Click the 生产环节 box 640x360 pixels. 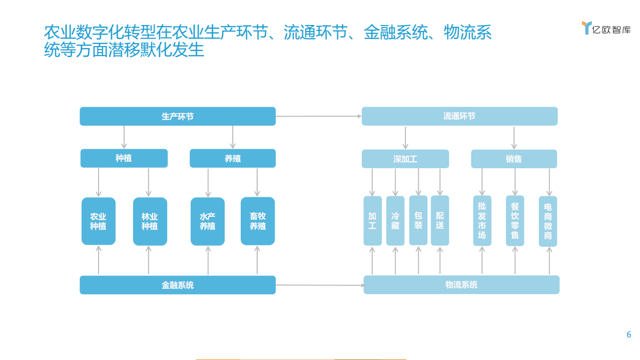(x=178, y=116)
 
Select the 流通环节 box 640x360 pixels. (x=459, y=116)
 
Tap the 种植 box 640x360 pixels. (x=124, y=158)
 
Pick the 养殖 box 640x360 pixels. (x=233, y=158)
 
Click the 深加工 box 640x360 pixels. (x=405, y=159)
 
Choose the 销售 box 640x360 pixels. (x=514, y=159)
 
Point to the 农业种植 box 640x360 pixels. (x=99, y=221)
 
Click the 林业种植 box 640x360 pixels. (x=150, y=221)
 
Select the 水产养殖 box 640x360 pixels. (x=208, y=221)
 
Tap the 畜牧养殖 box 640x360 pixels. (x=258, y=221)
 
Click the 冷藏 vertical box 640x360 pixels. (x=395, y=221)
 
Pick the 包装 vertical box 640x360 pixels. (x=418, y=221)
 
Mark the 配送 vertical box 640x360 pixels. (x=440, y=221)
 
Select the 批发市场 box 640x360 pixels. (x=482, y=221)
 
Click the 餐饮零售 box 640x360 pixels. (x=515, y=221)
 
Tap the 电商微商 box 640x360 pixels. (x=548, y=221)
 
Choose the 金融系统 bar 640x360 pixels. (x=178, y=285)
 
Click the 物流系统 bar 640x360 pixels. (x=461, y=285)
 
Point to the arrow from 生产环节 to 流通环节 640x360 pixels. (x=318, y=116)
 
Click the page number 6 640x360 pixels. (x=629, y=335)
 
